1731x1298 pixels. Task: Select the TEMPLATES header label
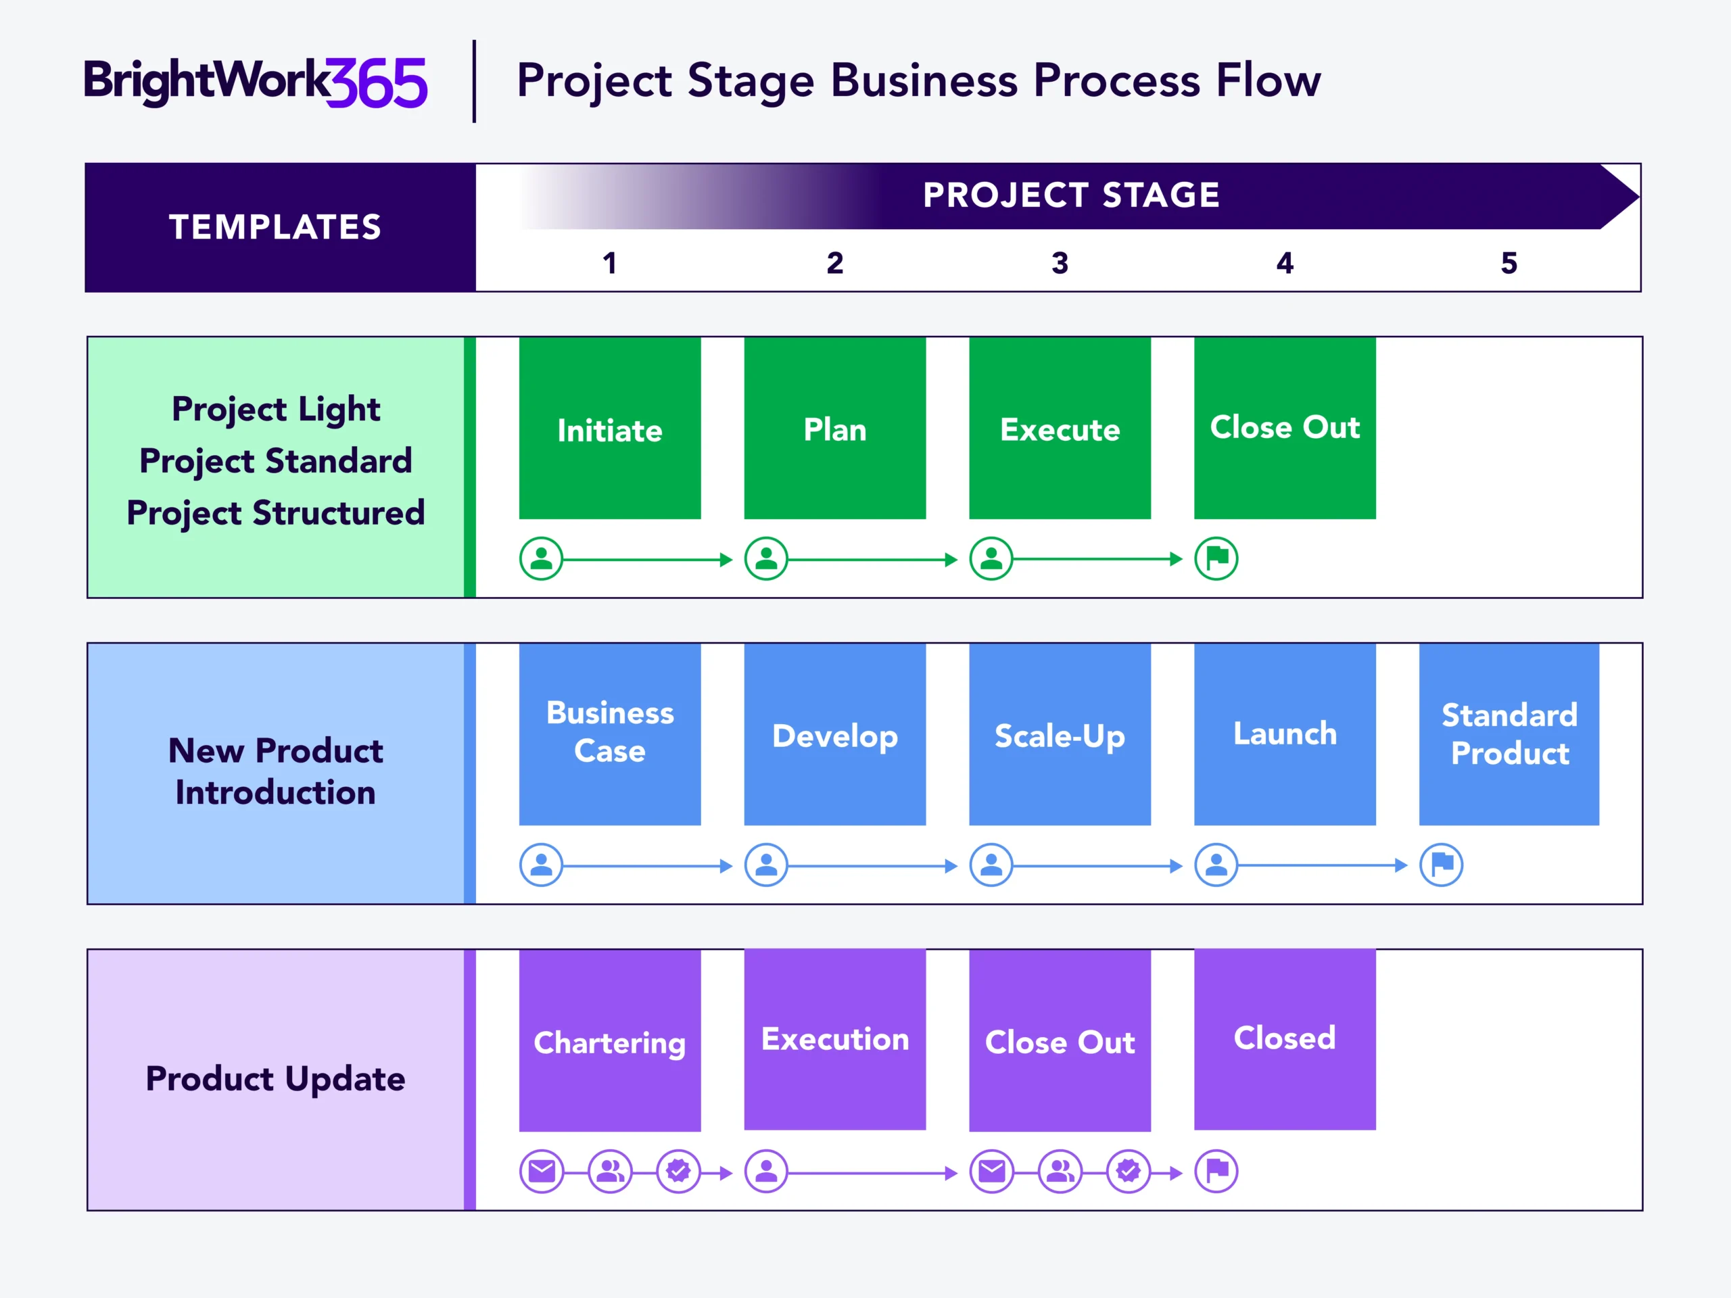click(275, 227)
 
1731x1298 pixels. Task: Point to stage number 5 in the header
click(1509, 263)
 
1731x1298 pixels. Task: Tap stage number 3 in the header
click(1060, 263)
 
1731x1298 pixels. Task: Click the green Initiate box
click(610, 428)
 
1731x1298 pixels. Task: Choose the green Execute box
click(1060, 428)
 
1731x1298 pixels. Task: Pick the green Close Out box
click(1284, 428)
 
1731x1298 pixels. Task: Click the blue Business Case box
click(610, 733)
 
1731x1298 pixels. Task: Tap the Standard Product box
click(1509, 733)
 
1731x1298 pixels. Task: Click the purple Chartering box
click(610, 1040)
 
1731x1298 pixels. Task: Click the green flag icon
click(1216, 558)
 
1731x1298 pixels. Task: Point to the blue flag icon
click(1441, 865)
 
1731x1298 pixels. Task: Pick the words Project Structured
click(275, 513)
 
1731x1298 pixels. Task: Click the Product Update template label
click(275, 1079)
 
